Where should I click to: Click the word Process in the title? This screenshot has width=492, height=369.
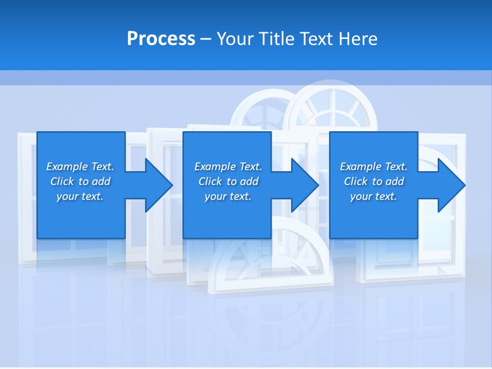(161, 38)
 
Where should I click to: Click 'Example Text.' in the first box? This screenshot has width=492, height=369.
(80, 167)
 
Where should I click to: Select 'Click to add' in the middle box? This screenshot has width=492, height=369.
(228, 181)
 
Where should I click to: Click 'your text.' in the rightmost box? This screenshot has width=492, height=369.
(374, 196)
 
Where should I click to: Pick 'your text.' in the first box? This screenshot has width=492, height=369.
(80, 196)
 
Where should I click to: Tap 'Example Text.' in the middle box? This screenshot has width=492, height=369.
(228, 167)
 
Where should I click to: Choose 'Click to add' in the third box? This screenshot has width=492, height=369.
(374, 181)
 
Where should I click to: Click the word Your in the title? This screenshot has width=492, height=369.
(236, 38)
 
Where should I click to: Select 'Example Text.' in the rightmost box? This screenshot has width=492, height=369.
(374, 167)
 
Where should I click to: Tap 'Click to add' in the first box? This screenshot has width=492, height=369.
(80, 181)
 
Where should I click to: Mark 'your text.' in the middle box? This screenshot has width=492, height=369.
(228, 196)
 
